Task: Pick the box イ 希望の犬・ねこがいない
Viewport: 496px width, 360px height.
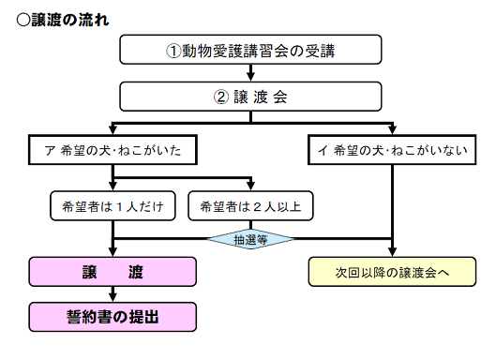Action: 390,149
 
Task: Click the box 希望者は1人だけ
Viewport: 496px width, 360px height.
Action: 113,204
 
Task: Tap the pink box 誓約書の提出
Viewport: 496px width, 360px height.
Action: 113,316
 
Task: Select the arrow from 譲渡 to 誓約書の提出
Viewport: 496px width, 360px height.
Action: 113,292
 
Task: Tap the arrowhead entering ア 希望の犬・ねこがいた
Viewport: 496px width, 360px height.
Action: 113,130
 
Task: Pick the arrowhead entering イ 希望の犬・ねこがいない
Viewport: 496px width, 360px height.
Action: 390,130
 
